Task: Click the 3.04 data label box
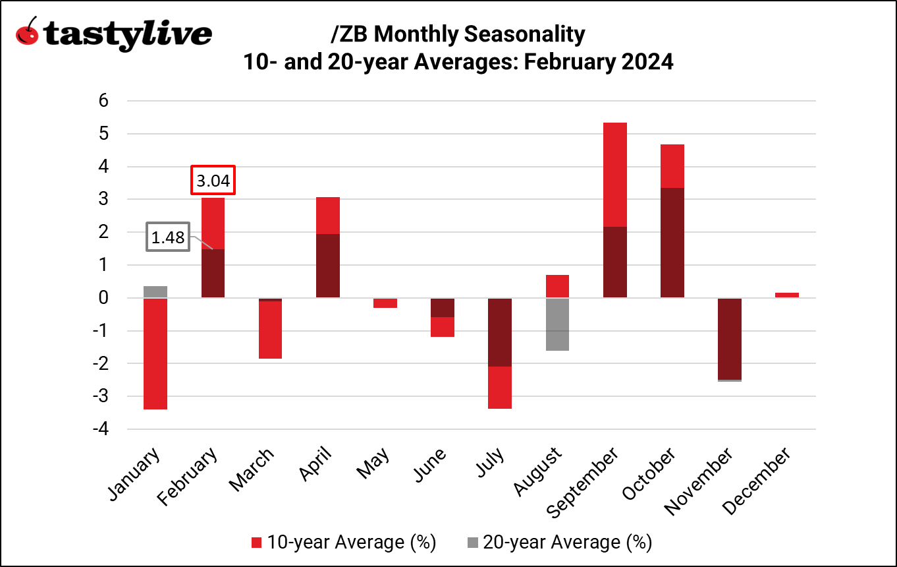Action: (x=213, y=181)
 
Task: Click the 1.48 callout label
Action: (x=167, y=237)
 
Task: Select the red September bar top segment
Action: (x=615, y=175)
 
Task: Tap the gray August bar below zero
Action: (x=557, y=324)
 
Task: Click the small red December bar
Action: (x=787, y=295)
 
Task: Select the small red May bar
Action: (x=385, y=303)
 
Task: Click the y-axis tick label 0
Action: (x=103, y=298)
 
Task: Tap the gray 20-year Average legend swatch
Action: (x=472, y=543)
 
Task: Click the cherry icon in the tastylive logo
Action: (x=27, y=31)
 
